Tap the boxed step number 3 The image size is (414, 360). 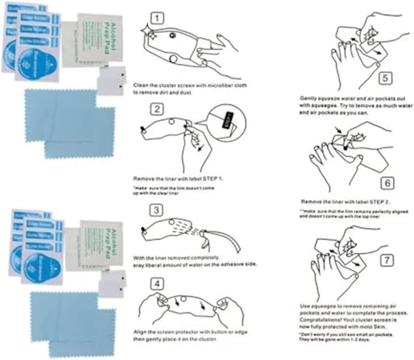(158, 209)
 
